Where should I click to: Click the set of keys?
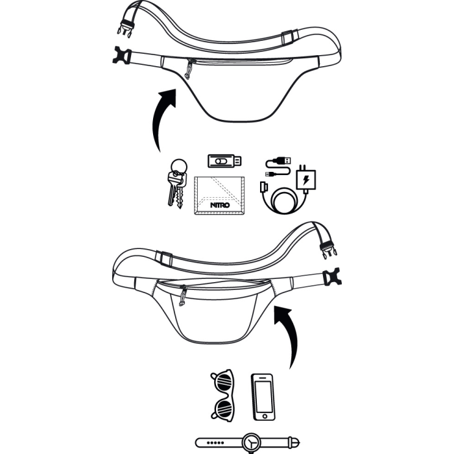pos(176,185)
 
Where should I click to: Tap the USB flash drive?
pos(224,160)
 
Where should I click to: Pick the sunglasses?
pos(224,395)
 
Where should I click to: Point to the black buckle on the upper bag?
pos(121,56)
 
